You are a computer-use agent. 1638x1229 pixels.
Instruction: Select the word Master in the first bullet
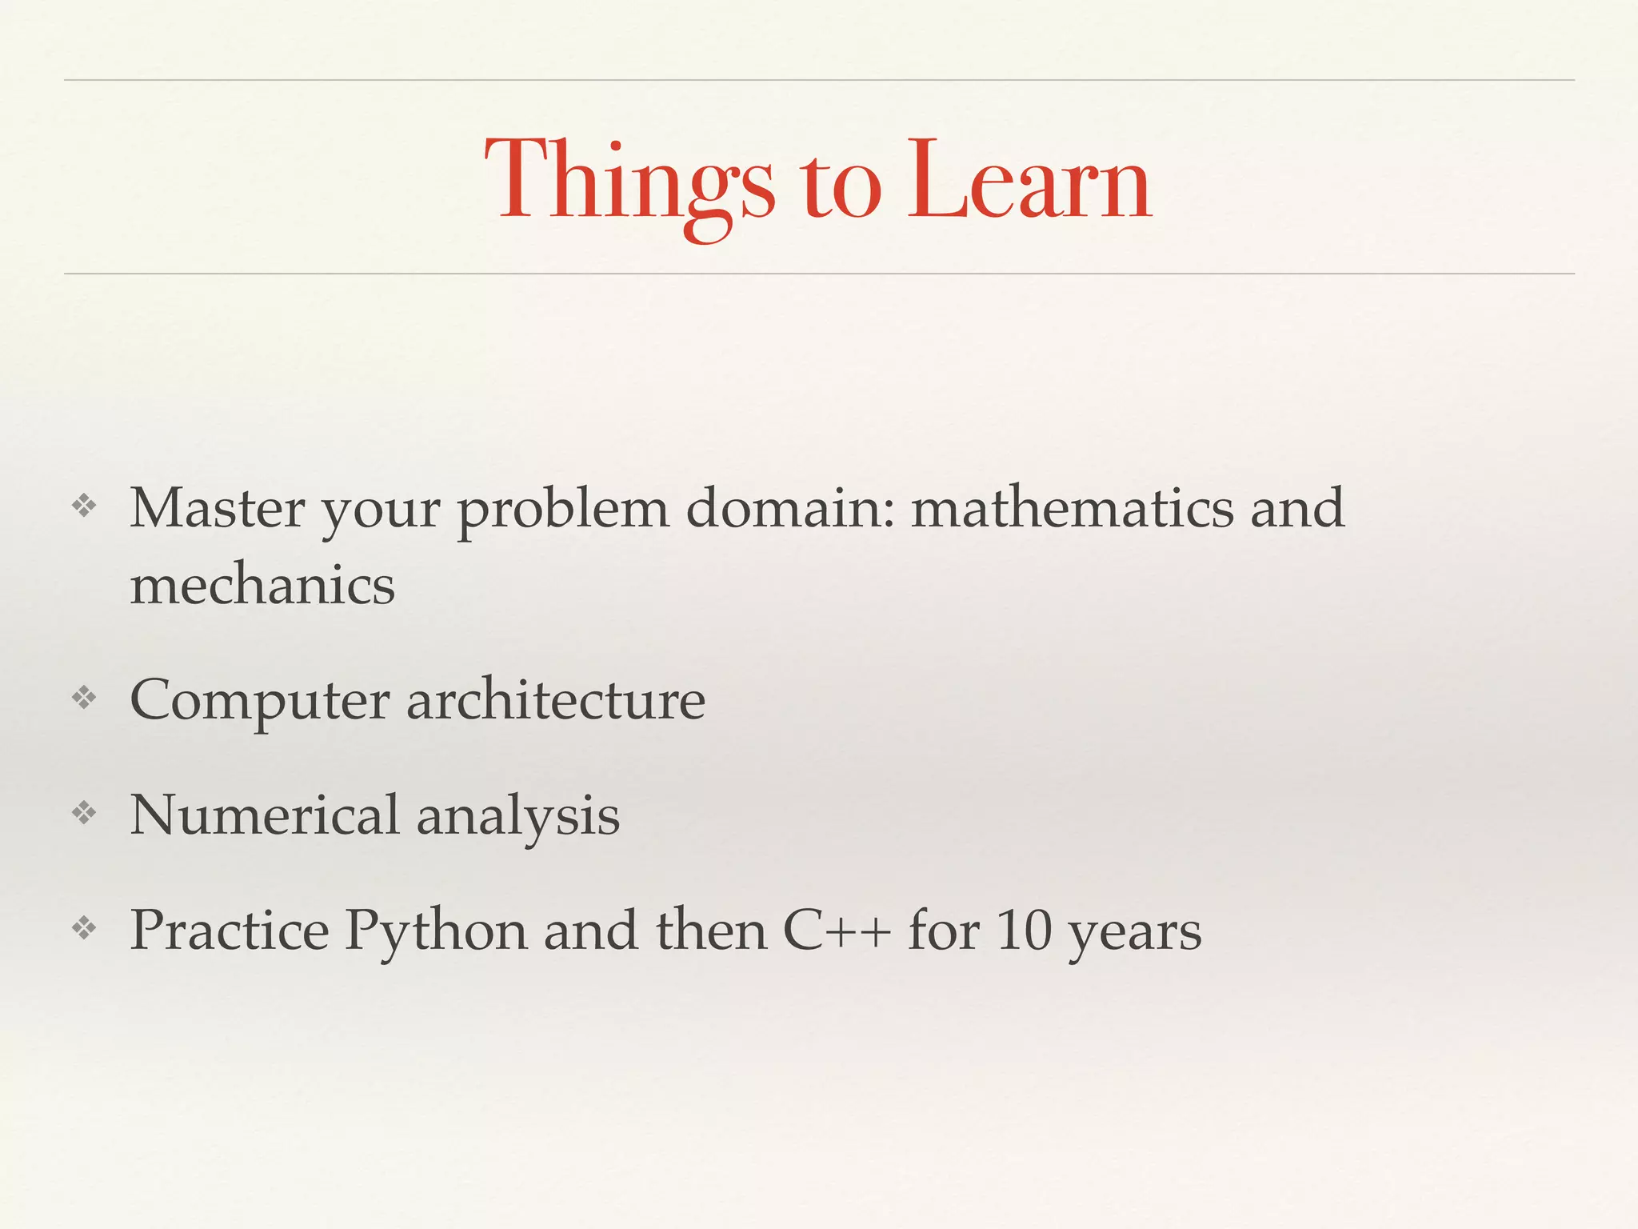[x=217, y=508]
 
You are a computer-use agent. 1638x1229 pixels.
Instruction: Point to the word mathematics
[x=1073, y=508]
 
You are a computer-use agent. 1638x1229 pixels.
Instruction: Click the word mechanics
[x=262, y=585]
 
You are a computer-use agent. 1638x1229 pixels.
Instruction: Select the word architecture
[x=556, y=700]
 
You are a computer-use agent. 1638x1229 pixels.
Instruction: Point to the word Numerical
[x=264, y=815]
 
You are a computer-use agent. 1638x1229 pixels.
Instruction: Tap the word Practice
[x=230, y=931]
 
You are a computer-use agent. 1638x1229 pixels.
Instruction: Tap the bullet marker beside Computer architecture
[x=84, y=699]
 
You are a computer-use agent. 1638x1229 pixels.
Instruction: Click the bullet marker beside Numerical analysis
[x=84, y=814]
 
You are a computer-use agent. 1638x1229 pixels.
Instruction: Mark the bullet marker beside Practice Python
[x=84, y=929]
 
